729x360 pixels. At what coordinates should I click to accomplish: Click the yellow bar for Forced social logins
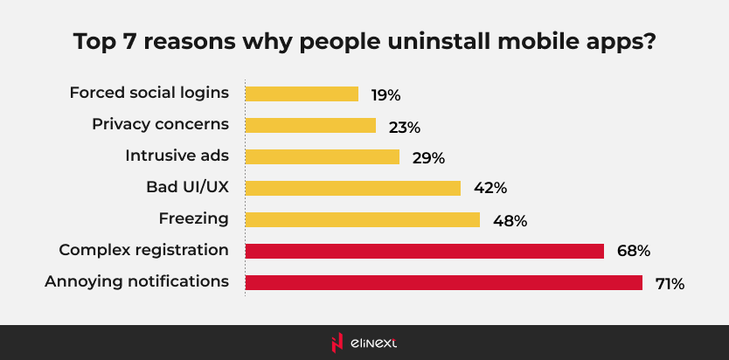point(302,93)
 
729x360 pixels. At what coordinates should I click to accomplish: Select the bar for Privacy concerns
point(310,125)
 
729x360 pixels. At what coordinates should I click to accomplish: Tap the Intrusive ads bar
point(322,156)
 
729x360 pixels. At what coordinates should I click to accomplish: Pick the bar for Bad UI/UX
point(352,188)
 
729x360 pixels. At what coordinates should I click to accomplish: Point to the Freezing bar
point(362,219)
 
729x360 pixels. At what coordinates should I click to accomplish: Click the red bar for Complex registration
point(424,251)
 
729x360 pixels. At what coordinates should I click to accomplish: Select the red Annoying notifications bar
point(443,282)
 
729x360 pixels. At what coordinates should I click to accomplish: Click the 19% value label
point(386,94)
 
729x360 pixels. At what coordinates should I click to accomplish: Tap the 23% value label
point(405,127)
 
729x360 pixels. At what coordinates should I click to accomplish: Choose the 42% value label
point(489,189)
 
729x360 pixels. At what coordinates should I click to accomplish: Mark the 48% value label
point(510,221)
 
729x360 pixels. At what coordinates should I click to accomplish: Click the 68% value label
point(633,252)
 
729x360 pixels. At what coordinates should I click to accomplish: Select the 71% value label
point(670,284)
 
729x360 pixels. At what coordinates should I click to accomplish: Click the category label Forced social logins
point(149,93)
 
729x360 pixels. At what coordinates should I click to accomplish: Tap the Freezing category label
point(193,218)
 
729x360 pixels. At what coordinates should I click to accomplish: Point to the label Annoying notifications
point(137,281)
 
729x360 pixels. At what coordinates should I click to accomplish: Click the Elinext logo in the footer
point(364,343)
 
